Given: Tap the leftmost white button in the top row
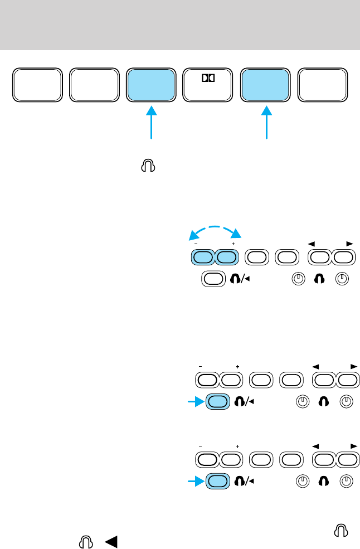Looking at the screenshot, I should (36, 86).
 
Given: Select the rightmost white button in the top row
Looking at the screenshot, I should (323, 86).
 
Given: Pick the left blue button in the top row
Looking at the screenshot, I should (150, 86).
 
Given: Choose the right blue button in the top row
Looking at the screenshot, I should (265, 86).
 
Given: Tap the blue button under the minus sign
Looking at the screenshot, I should (202, 257).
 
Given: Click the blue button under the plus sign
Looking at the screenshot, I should (226, 257).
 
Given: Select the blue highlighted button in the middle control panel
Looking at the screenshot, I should (218, 401).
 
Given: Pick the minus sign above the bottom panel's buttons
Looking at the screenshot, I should (199, 446).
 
